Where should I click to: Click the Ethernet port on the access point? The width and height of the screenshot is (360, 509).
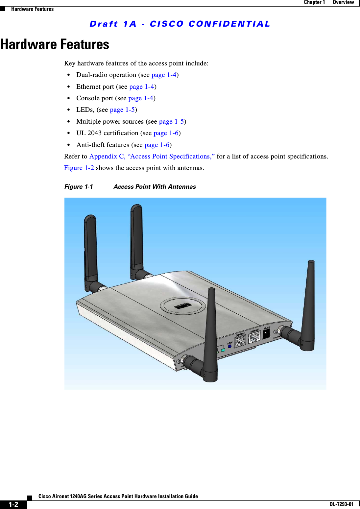pos(254,337)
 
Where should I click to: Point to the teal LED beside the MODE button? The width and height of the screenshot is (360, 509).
pos(223,350)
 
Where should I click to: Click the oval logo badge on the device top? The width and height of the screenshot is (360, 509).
pos(183,306)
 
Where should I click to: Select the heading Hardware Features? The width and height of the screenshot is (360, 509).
pos(55,44)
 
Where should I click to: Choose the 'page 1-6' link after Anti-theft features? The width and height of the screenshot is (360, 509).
pos(157,145)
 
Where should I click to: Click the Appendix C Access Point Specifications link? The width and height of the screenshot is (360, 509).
pos(152,157)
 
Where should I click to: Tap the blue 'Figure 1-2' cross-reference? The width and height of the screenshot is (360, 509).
pos(79,168)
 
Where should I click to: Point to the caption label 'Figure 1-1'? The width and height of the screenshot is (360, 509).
pos(79,187)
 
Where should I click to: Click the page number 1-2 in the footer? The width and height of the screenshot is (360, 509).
pos(13,504)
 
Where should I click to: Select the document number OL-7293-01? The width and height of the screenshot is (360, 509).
pos(341,504)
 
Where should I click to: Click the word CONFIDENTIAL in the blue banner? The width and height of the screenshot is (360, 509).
pos(229,24)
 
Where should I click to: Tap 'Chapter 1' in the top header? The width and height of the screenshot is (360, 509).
pos(314,2)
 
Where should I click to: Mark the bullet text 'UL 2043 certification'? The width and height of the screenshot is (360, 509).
pos(107,133)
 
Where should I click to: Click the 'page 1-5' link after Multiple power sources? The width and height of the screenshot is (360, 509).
pos(171,122)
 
